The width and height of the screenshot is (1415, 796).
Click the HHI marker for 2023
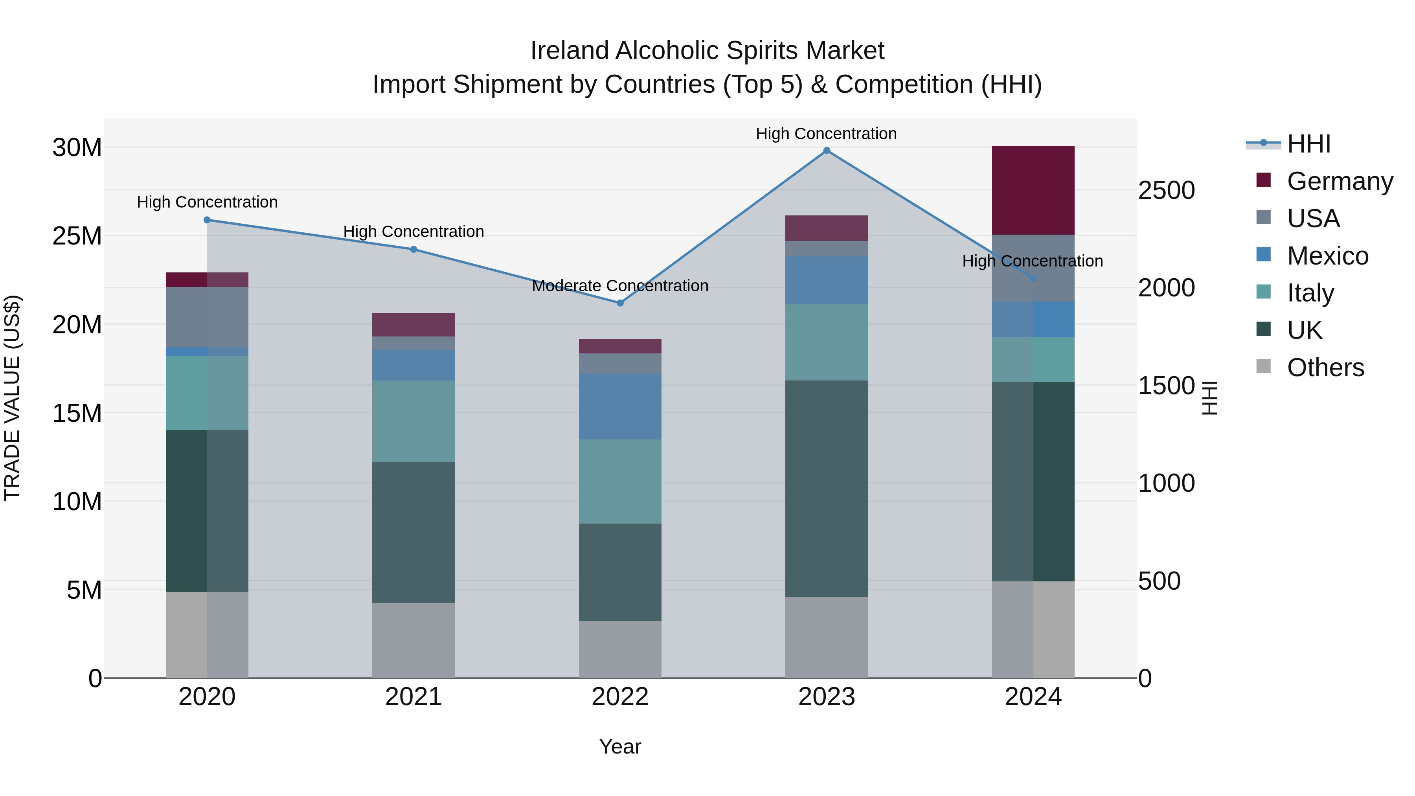[826, 151]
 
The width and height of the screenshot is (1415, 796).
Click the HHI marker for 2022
[620, 303]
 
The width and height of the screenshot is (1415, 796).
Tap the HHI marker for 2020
[207, 220]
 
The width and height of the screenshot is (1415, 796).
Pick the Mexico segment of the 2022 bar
[620, 406]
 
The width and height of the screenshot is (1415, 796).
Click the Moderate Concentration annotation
[620, 286]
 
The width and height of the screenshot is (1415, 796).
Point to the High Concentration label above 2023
[826, 134]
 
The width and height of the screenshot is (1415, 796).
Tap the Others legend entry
[1325, 368]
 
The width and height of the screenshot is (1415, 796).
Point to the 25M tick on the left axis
[77, 236]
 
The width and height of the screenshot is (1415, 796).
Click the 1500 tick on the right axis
[1166, 386]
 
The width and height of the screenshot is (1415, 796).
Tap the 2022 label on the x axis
[620, 697]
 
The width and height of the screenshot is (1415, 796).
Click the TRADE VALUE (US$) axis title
[12, 398]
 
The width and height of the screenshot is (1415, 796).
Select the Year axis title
[620, 746]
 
